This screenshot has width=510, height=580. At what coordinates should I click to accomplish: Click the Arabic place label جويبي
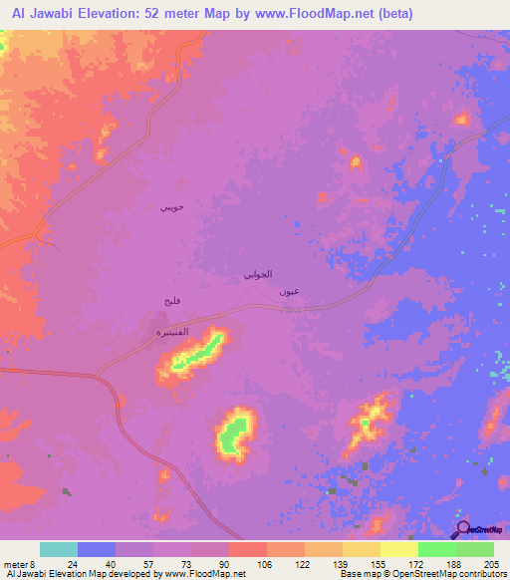click(171, 207)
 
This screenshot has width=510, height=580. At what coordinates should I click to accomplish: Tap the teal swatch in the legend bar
click(59, 549)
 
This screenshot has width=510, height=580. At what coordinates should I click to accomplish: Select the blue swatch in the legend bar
click(97, 549)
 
